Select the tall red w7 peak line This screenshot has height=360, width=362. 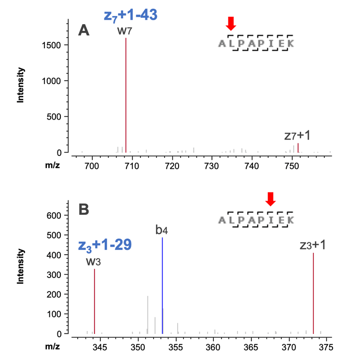126,97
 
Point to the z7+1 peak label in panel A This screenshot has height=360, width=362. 297,136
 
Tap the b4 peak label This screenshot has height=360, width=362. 162,230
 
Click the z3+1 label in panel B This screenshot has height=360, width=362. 313,245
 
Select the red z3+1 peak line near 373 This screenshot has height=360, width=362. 314,294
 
